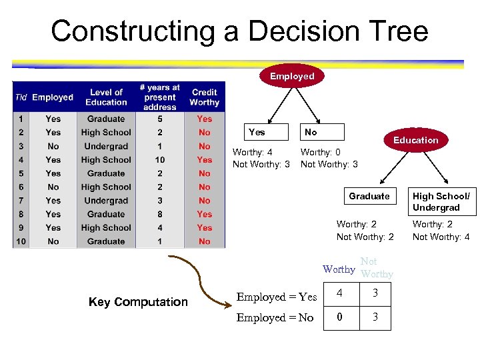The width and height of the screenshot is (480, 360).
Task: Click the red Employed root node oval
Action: point(292,76)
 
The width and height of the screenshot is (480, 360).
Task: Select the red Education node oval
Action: point(415,140)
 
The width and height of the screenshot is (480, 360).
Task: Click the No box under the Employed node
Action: point(322,132)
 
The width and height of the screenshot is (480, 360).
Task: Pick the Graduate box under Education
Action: point(369,196)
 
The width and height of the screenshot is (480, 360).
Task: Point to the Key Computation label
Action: point(138,302)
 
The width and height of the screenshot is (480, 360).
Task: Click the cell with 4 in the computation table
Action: point(339,293)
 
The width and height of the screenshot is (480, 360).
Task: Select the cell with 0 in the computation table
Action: point(339,317)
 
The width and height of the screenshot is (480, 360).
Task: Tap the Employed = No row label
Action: point(275,318)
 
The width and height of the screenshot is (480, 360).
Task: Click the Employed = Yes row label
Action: point(277,297)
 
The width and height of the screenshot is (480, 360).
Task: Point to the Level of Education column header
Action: point(106,97)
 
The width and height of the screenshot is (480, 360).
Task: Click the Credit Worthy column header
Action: point(204,97)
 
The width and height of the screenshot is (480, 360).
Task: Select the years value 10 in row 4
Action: point(160,160)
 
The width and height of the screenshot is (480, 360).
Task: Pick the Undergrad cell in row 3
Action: point(106,146)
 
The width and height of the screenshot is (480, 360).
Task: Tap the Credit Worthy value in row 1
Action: point(204,119)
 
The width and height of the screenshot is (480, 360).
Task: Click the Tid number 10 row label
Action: point(21,241)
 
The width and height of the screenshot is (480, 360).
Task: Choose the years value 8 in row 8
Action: point(160,214)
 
